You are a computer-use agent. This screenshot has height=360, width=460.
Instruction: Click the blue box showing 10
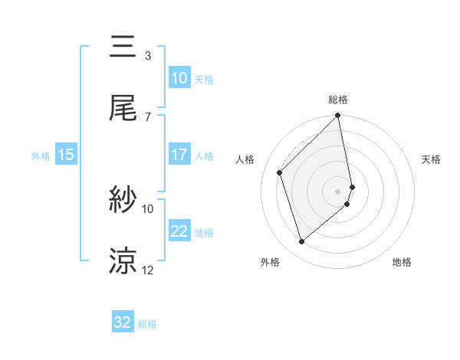(x=179, y=78)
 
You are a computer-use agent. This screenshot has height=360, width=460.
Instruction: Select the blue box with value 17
(x=179, y=155)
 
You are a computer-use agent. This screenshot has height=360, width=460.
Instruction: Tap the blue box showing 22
(x=179, y=231)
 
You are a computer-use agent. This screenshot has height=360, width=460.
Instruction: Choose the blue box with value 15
(x=65, y=155)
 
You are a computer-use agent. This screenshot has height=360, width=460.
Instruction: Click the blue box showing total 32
(x=123, y=322)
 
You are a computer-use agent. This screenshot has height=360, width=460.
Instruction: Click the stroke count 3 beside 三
(x=148, y=56)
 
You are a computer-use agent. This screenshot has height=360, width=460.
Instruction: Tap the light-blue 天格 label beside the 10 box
(x=203, y=79)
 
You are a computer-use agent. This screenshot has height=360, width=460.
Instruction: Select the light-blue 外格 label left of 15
(x=41, y=155)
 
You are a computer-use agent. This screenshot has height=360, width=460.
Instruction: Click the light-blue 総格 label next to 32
(x=147, y=324)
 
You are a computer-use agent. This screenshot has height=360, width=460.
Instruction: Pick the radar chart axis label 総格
(x=338, y=100)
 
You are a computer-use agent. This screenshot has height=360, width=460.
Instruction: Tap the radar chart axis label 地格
(x=402, y=263)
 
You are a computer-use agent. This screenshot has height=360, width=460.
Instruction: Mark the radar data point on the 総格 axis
(x=338, y=116)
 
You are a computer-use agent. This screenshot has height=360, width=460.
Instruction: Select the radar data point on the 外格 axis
(x=301, y=242)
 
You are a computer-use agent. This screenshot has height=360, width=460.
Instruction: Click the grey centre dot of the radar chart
(x=338, y=191)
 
